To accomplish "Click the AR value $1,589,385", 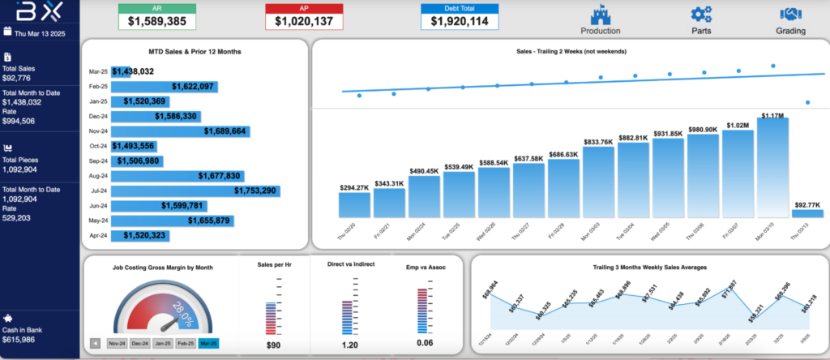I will pos(156,21).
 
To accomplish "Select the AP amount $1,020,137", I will pos(304,21).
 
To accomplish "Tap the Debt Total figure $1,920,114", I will pos(459,21).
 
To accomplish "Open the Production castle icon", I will pos(601,15).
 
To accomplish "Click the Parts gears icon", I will pos(701,15).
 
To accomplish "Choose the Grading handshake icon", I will pos(790,15).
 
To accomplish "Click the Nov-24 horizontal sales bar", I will pos(179,131).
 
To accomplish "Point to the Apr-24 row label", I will pos(97,236).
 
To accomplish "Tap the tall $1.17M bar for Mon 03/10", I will pos(772,169).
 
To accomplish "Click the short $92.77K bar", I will pos(807,214).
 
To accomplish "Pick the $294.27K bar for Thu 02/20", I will pos(355,205).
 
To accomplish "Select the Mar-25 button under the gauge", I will pos(209,343).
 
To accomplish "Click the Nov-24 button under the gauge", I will pos(117,343).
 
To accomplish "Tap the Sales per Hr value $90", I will pos(273,345).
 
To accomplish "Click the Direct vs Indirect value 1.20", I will pos(349,345).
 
